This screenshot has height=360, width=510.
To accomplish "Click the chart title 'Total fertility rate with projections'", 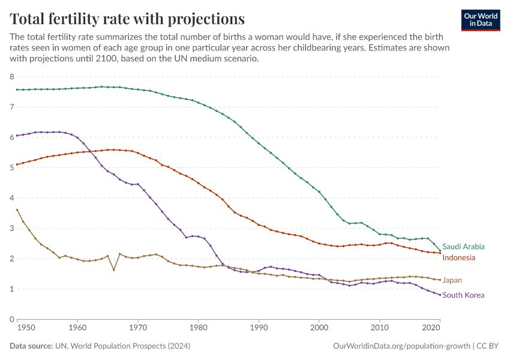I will [x=127, y=18].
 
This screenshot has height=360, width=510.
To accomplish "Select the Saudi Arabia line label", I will [x=463, y=247].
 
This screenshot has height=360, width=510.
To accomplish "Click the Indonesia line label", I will [x=458, y=258].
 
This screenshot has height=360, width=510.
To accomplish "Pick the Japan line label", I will [x=452, y=280].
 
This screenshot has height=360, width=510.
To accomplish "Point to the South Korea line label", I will [x=463, y=295].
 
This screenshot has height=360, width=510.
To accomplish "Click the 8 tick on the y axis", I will [x=11, y=77].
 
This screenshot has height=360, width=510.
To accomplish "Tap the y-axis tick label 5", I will [x=11, y=168].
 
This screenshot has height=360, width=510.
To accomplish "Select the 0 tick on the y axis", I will [x=11, y=319].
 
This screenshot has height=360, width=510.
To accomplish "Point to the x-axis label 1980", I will [x=198, y=328].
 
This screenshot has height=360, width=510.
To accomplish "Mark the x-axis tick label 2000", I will [x=319, y=328].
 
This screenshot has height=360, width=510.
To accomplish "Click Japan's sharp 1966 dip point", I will [x=113, y=270].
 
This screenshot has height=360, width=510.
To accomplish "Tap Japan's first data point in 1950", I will [x=17, y=210].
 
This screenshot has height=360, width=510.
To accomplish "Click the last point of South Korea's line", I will [x=440, y=295].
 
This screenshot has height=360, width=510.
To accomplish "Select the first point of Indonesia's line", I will [x=17, y=164].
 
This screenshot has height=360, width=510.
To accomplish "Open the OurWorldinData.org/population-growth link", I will [x=401, y=347].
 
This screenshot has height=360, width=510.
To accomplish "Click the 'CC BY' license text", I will [x=489, y=347].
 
